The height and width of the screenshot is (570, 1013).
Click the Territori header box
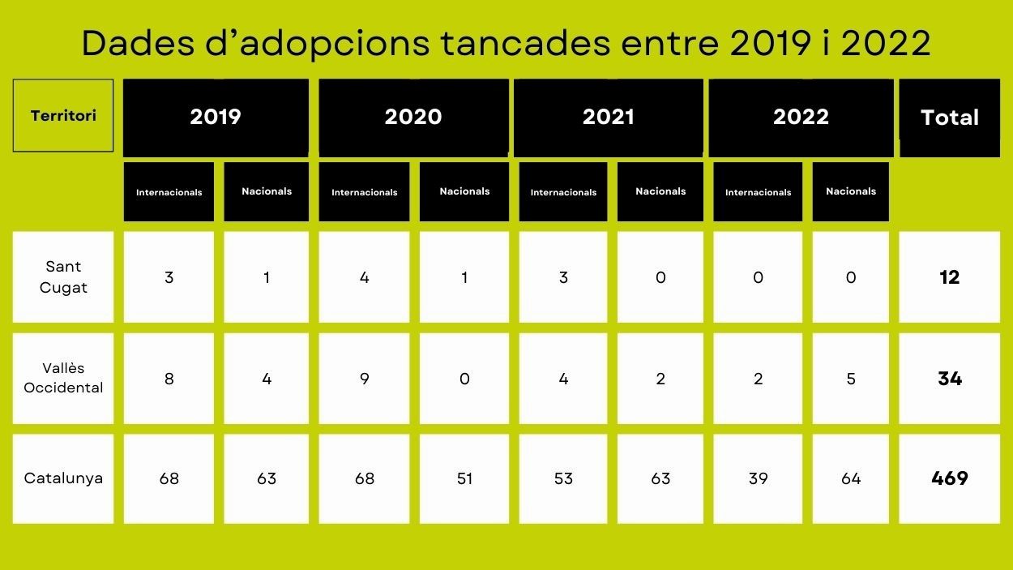pos(63,115)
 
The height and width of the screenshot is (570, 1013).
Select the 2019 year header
pos(216,117)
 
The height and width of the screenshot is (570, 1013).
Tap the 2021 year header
pos(608,117)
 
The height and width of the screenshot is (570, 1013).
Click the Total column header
pos(949,118)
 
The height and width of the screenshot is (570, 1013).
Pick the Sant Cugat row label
pos(63,277)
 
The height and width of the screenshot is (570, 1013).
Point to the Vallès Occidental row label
pos(63,378)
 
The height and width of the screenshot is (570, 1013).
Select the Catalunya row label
pos(63,478)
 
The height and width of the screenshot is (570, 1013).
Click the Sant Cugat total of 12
pos(949,277)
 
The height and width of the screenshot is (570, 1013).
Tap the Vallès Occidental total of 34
pos(949,378)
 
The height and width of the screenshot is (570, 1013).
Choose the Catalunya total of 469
pos(949,478)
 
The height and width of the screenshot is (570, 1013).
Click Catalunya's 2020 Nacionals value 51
pos(464,478)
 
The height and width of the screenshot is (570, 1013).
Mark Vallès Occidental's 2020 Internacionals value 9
pos(364,378)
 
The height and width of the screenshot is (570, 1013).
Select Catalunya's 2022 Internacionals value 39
pos(758,478)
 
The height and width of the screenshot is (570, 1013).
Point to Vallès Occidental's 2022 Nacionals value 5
pos(850,378)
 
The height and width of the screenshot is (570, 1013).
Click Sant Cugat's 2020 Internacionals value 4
pos(364,277)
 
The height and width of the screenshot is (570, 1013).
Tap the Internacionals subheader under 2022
pos(758,192)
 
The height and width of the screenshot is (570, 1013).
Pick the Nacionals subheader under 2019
pos(267,191)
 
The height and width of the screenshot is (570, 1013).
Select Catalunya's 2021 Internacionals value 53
pos(563,478)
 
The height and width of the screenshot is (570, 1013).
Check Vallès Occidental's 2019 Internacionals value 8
pos(169,378)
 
